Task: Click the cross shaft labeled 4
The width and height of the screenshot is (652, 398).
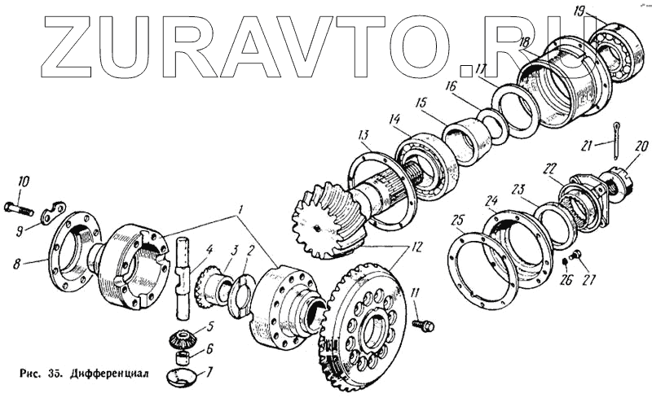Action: [183, 277]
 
